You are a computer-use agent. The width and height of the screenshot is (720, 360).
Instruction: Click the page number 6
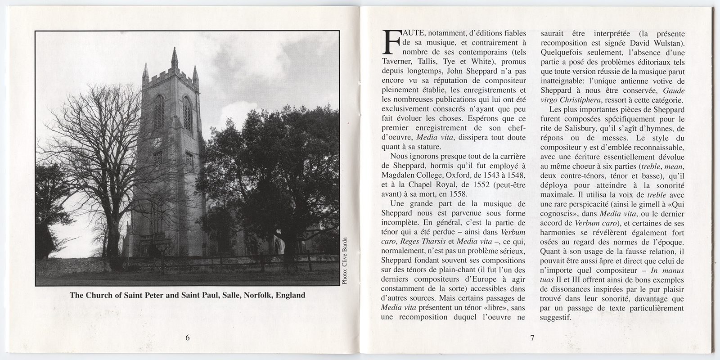(188, 339)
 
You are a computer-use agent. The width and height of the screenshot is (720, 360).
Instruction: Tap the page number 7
(531, 339)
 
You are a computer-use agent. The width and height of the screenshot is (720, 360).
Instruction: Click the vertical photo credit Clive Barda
(345, 261)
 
